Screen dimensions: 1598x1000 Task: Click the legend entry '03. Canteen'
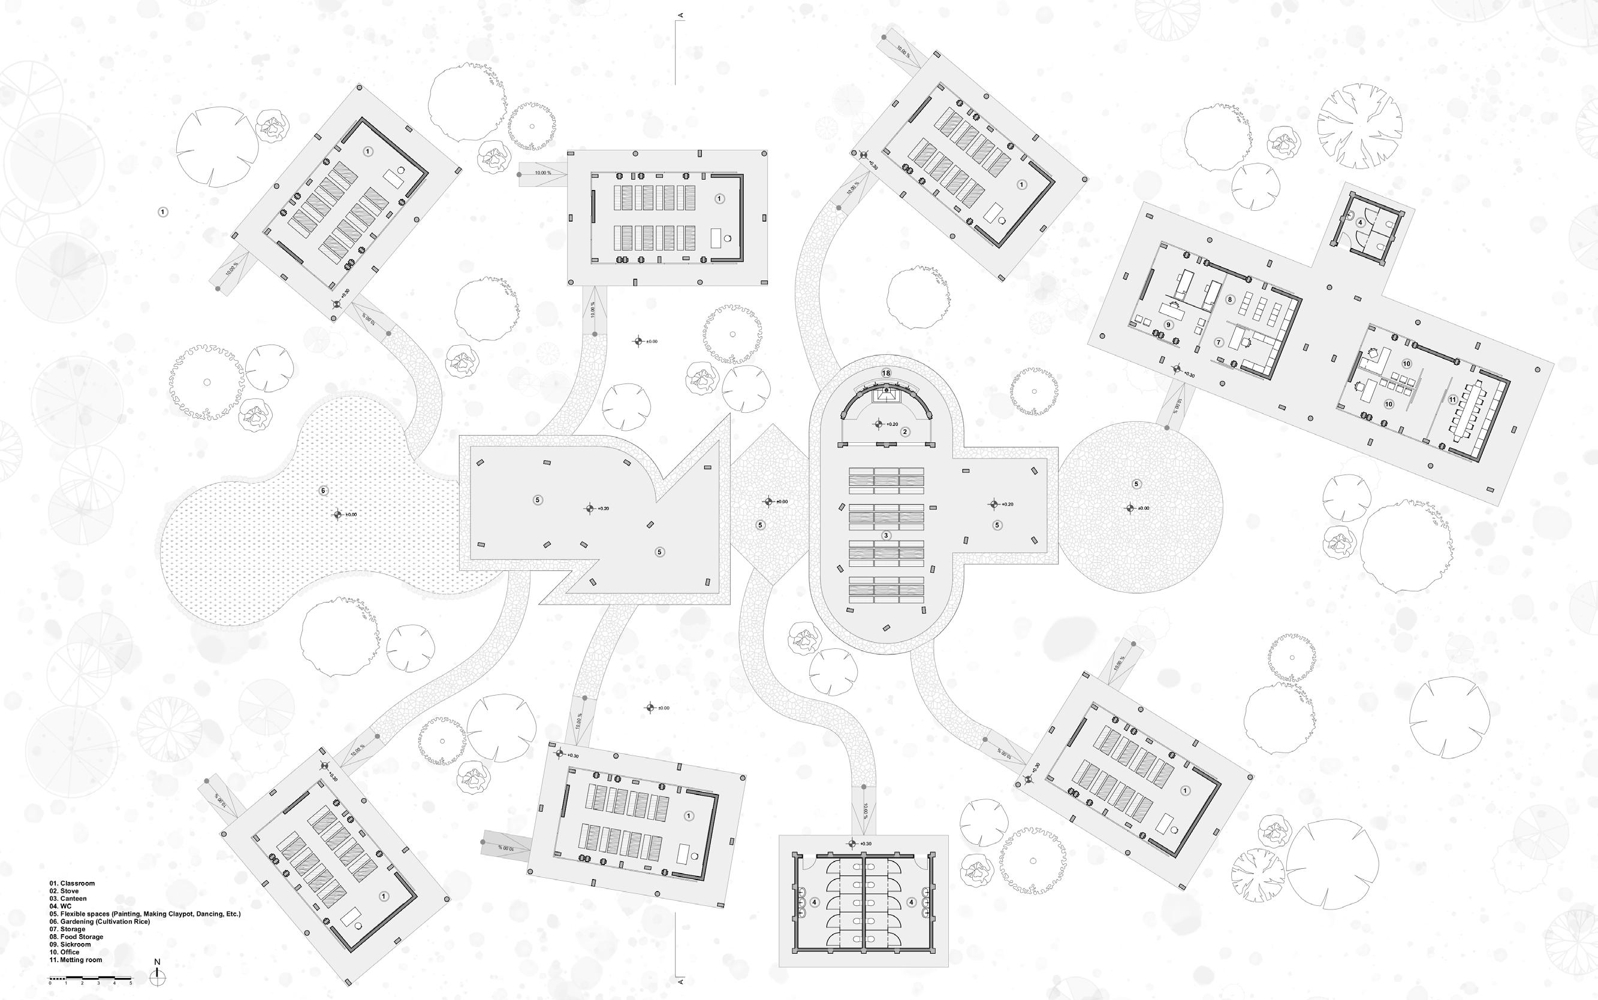[68, 898]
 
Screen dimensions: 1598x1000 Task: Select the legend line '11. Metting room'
[76, 960]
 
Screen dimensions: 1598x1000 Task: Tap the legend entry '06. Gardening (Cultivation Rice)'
[100, 922]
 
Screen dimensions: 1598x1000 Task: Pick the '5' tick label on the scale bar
[131, 983]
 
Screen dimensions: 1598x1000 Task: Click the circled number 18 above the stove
[887, 373]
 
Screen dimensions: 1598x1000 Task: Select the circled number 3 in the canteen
[887, 535]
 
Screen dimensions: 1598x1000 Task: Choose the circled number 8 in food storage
[1229, 300]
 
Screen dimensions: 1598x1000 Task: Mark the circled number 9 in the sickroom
[1169, 325]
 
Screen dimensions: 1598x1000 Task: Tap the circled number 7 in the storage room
[1219, 343]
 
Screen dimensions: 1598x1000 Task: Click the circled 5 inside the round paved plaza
[1137, 484]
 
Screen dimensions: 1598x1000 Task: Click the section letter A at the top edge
[680, 14]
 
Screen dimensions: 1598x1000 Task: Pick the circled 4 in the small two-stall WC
[1360, 223]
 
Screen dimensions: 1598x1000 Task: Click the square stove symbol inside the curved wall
[887, 395]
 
